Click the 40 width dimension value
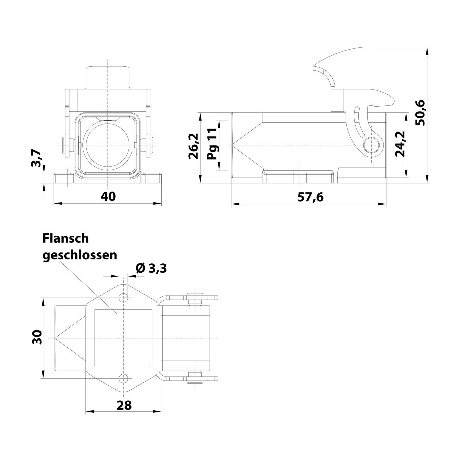coord(108,196)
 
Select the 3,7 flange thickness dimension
coord(36,158)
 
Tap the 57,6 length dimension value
coord(310,197)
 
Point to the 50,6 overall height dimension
coord(419,112)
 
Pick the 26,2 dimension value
coord(193,146)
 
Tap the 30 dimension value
coord(37,337)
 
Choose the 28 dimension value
coord(124,405)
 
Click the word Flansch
coord(66,238)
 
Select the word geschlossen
coord(80,255)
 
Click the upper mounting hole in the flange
coord(124,297)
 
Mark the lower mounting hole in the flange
coord(124,378)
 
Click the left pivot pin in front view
coord(66,145)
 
